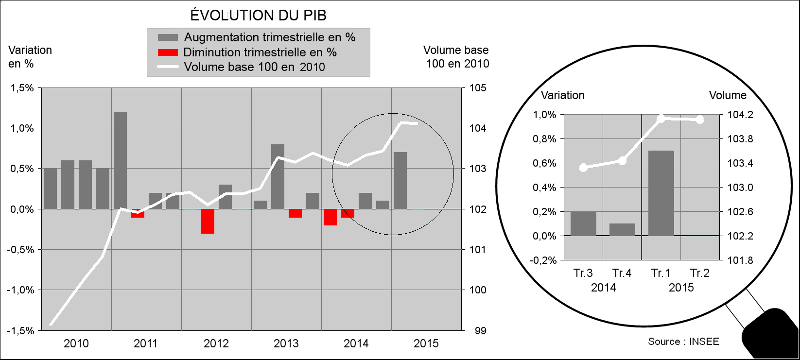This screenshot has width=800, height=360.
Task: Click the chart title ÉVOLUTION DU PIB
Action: [x=258, y=15]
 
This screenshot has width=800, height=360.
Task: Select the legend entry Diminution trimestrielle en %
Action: [x=260, y=52]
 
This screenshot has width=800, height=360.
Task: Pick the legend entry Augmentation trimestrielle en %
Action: [x=269, y=37]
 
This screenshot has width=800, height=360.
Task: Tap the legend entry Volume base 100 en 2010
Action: [x=254, y=67]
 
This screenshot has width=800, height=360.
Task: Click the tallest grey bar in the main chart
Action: [x=120, y=160]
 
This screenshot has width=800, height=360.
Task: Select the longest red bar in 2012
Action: [x=208, y=222]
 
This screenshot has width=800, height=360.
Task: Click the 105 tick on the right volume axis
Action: [x=478, y=88]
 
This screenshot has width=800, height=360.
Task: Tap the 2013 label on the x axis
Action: [x=286, y=343]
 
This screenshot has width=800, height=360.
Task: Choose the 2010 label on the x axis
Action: [x=76, y=343]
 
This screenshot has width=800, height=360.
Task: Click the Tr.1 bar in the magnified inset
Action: [x=661, y=193]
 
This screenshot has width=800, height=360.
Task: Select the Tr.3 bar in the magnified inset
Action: [x=583, y=223]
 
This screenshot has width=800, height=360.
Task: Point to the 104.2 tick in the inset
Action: [x=740, y=115]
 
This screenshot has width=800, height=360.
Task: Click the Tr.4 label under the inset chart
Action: [x=622, y=273]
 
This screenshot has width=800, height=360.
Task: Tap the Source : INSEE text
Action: [x=683, y=342]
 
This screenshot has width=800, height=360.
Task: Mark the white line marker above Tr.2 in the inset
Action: [x=700, y=120]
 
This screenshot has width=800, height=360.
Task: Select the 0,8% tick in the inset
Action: [x=544, y=139]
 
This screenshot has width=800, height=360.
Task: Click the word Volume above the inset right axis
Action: [x=727, y=95]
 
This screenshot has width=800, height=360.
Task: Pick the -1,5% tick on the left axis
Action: [x=21, y=331]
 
